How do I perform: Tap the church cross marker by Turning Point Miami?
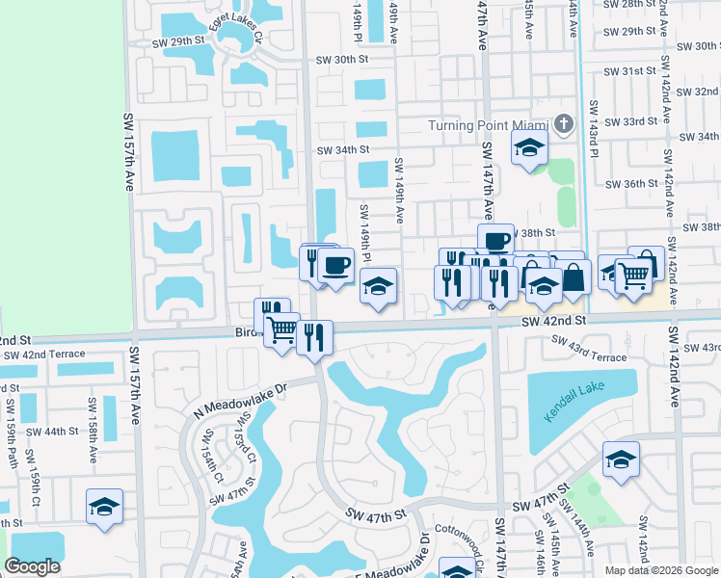[x=564, y=124]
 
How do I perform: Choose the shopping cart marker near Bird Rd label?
[x=281, y=329]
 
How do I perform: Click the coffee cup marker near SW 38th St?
[x=495, y=241]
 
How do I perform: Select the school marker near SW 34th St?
[x=528, y=148]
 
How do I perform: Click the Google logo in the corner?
[x=32, y=566]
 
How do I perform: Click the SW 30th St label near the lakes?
[x=342, y=60]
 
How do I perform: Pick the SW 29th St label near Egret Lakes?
[x=179, y=42]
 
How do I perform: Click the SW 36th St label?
[x=626, y=184]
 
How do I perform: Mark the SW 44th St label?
[x=51, y=432]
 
